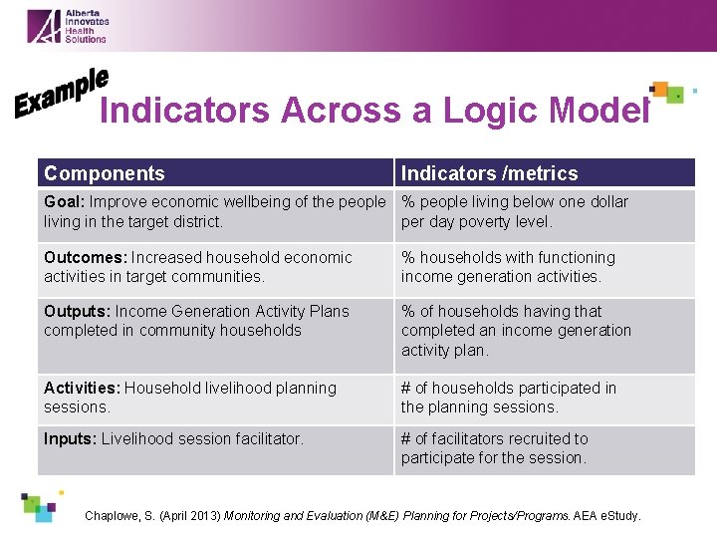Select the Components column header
tap(105, 173)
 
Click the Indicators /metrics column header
tap(489, 173)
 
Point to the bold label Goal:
tap(65, 202)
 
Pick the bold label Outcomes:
tap(86, 258)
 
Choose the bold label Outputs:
tap(77, 312)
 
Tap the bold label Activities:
tap(82, 388)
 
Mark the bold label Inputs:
tap(71, 439)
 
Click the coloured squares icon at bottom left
tap(41, 505)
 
